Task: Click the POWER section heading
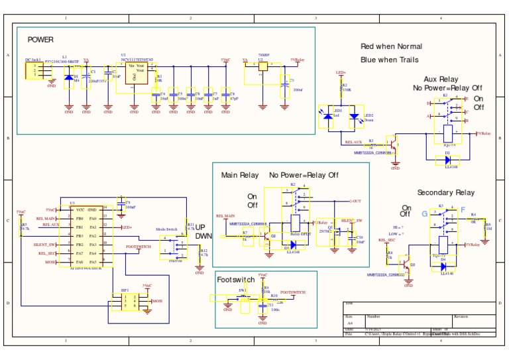click(x=40, y=40)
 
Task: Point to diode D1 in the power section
click(x=69, y=78)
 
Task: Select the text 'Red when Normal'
click(x=391, y=46)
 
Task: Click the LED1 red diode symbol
click(x=329, y=116)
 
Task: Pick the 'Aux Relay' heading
click(x=441, y=79)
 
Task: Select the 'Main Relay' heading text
click(x=240, y=175)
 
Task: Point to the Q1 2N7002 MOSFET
click(x=336, y=233)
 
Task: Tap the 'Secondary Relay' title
click(x=445, y=192)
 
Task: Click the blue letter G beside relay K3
click(x=425, y=213)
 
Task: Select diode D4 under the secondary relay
click(x=443, y=266)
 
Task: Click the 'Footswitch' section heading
click(x=236, y=280)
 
